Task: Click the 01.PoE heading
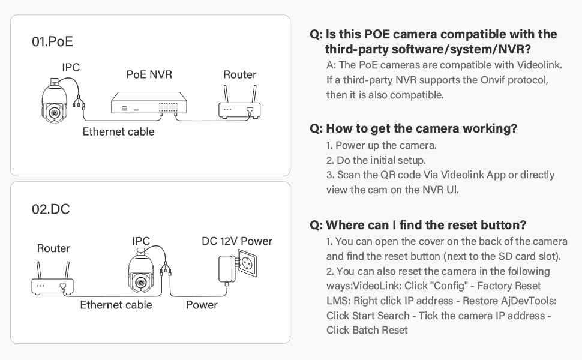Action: pos(52,41)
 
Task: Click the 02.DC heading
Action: pos(51,209)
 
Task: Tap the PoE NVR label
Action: pos(149,74)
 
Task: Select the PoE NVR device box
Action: pos(149,103)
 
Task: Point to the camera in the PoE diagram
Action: pos(55,100)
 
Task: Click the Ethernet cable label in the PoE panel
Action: pos(118,132)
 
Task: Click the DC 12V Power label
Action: pos(237,241)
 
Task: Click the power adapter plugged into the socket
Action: pos(227,269)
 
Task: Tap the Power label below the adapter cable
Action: pos(202,305)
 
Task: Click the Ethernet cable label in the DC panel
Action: pos(116,305)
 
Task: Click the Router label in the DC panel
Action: pos(53,248)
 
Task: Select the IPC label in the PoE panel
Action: pos(71,68)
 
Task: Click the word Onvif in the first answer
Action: pos(492,80)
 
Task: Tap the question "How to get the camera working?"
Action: pos(413,128)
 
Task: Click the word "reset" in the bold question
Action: pos(463,225)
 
